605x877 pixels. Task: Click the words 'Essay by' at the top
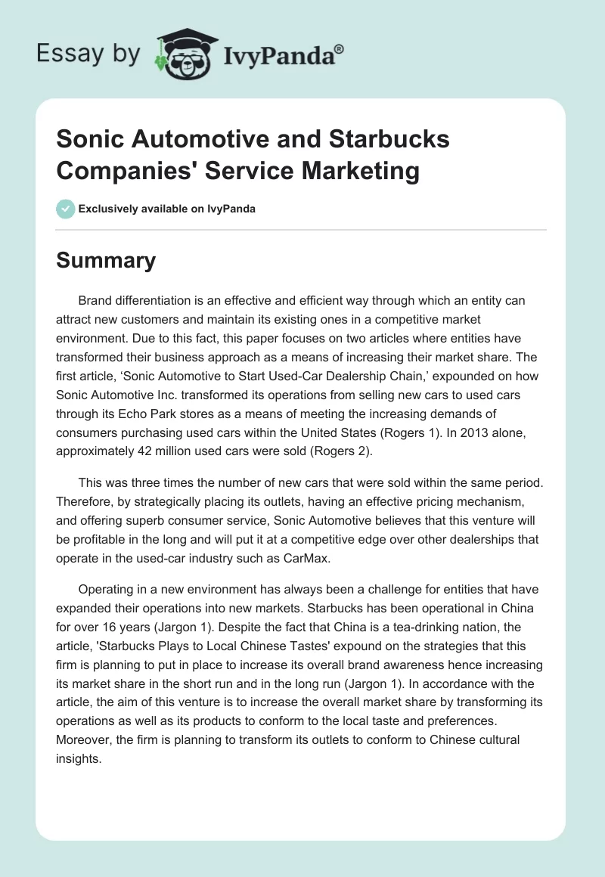(x=89, y=54)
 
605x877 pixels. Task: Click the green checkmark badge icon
(x=66, y=209)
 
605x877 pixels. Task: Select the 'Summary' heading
(x=106, y=260)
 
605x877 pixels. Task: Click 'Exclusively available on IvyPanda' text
(x=167, y=209)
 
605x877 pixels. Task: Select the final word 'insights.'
(x=79, y=760)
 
